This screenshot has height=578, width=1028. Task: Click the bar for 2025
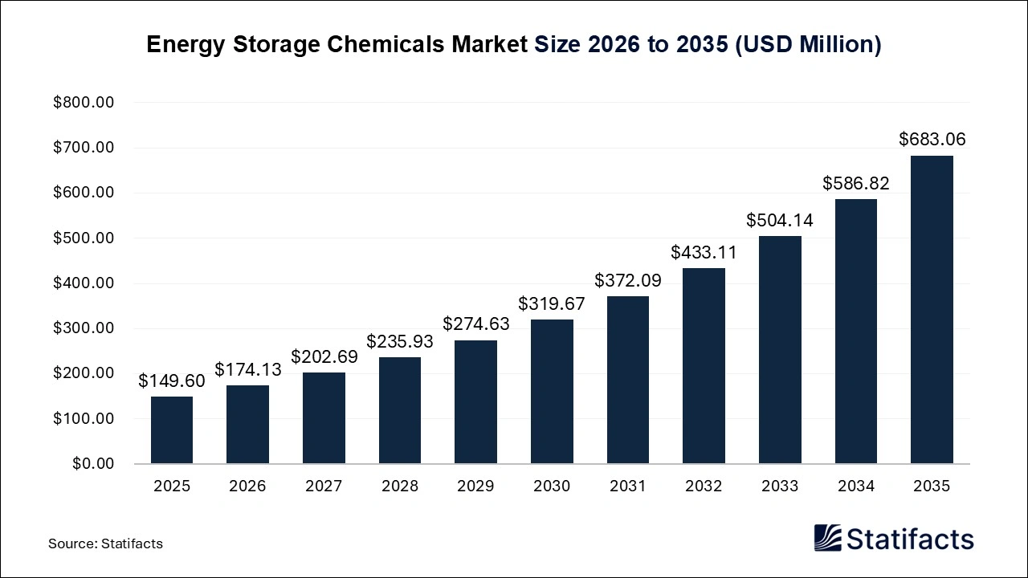pos(171,429)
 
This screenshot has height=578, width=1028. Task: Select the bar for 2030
pos(552,392)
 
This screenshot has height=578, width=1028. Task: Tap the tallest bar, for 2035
pos(932,309)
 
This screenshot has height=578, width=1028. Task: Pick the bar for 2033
pos(780,349)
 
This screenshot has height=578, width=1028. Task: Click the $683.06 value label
pos(932,140)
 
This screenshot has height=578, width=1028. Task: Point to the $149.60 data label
pos(171,381)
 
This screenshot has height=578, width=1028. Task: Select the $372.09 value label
pos(627,281)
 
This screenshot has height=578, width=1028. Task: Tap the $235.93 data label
pos(399,341)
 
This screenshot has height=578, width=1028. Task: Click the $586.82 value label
pos(855,184)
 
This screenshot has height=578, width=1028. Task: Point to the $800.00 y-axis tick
pos(84,103)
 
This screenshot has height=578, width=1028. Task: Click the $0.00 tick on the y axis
pos(93,464)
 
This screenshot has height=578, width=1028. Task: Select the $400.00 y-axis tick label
pos(84,283)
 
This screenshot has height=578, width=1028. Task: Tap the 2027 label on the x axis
pos(323,486)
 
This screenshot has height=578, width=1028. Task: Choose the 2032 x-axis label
pos(704,486)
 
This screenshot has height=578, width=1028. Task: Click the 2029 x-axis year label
pos(475,486)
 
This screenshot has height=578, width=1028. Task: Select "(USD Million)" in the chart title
pos(808,45)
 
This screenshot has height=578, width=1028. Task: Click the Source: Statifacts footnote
pos(105,543)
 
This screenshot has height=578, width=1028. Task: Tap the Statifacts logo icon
pos(827,538)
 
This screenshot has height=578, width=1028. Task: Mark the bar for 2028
pos(399,410)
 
